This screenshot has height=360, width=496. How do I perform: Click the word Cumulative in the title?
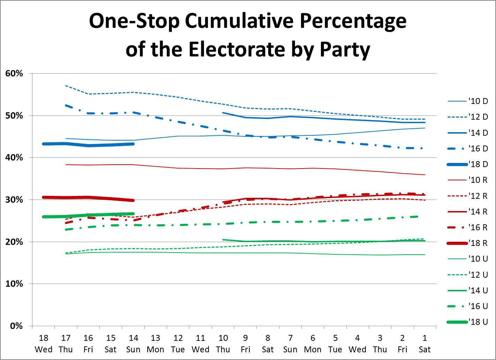tap(240, 21)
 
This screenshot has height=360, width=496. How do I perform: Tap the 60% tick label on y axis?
tap(14, 74)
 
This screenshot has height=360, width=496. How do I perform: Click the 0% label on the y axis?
tap(16, 326)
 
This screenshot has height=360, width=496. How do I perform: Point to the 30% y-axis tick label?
tap(14, 200)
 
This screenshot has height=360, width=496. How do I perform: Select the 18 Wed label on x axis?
tap(44, 344)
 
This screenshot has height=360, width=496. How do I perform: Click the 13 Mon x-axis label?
tap(156, 344)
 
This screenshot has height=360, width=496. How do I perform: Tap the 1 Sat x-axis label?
tap(424, 344)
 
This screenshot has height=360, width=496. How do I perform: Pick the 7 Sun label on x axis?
tap(290, 344)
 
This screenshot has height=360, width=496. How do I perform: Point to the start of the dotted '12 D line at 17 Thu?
tap(66, 85)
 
